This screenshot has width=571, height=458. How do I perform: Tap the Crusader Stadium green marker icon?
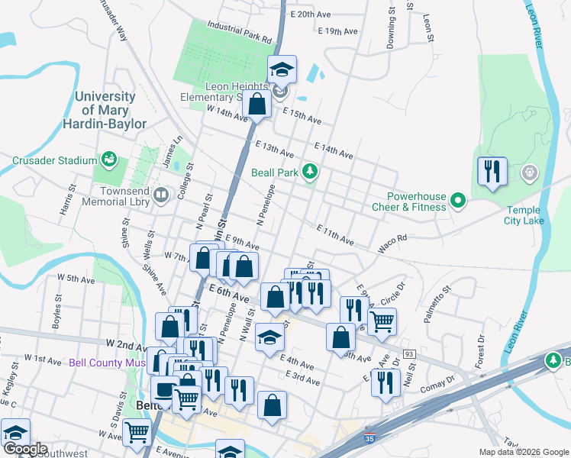pos(110,160)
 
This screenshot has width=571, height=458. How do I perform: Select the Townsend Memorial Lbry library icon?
pos(161,195)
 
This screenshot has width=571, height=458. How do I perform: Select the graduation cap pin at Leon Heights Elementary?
pos(282,70)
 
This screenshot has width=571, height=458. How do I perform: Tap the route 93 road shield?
pos(410,354)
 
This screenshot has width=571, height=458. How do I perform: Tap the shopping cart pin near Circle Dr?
pos(382,321)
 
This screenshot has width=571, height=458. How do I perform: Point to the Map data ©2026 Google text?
pos(523,452)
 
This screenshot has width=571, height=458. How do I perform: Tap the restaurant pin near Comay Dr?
pos(386,382)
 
